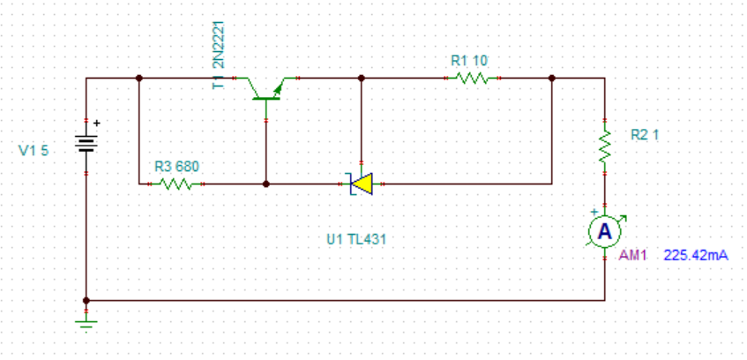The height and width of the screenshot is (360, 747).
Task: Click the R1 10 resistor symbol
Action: point(472,78)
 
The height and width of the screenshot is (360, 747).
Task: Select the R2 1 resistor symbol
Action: point(604,146)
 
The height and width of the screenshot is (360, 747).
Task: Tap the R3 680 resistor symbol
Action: point(176,184)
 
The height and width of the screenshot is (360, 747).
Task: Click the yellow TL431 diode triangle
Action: point(362,184)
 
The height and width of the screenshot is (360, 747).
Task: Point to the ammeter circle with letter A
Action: point(604,231)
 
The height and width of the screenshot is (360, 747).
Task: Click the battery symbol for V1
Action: point(86,143)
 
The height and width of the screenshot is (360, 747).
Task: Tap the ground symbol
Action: point(86,324)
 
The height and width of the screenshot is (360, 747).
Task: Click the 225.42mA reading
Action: point(696,256)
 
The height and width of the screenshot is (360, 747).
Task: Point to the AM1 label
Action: point(632,256)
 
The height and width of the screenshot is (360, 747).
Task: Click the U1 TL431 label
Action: point(356,240)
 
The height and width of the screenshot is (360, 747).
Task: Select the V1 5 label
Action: point(34,151)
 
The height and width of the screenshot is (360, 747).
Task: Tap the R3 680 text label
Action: point(176,167)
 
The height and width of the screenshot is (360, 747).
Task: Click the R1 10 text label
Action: point(469,61)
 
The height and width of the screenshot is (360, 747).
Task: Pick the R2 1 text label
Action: point(645,135)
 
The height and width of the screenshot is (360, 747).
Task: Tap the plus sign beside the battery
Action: point(97,123)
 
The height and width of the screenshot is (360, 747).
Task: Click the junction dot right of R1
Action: point(552,78)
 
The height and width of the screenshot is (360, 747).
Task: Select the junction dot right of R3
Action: point(265,184)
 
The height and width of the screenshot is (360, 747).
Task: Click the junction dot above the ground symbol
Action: point(86,301)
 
